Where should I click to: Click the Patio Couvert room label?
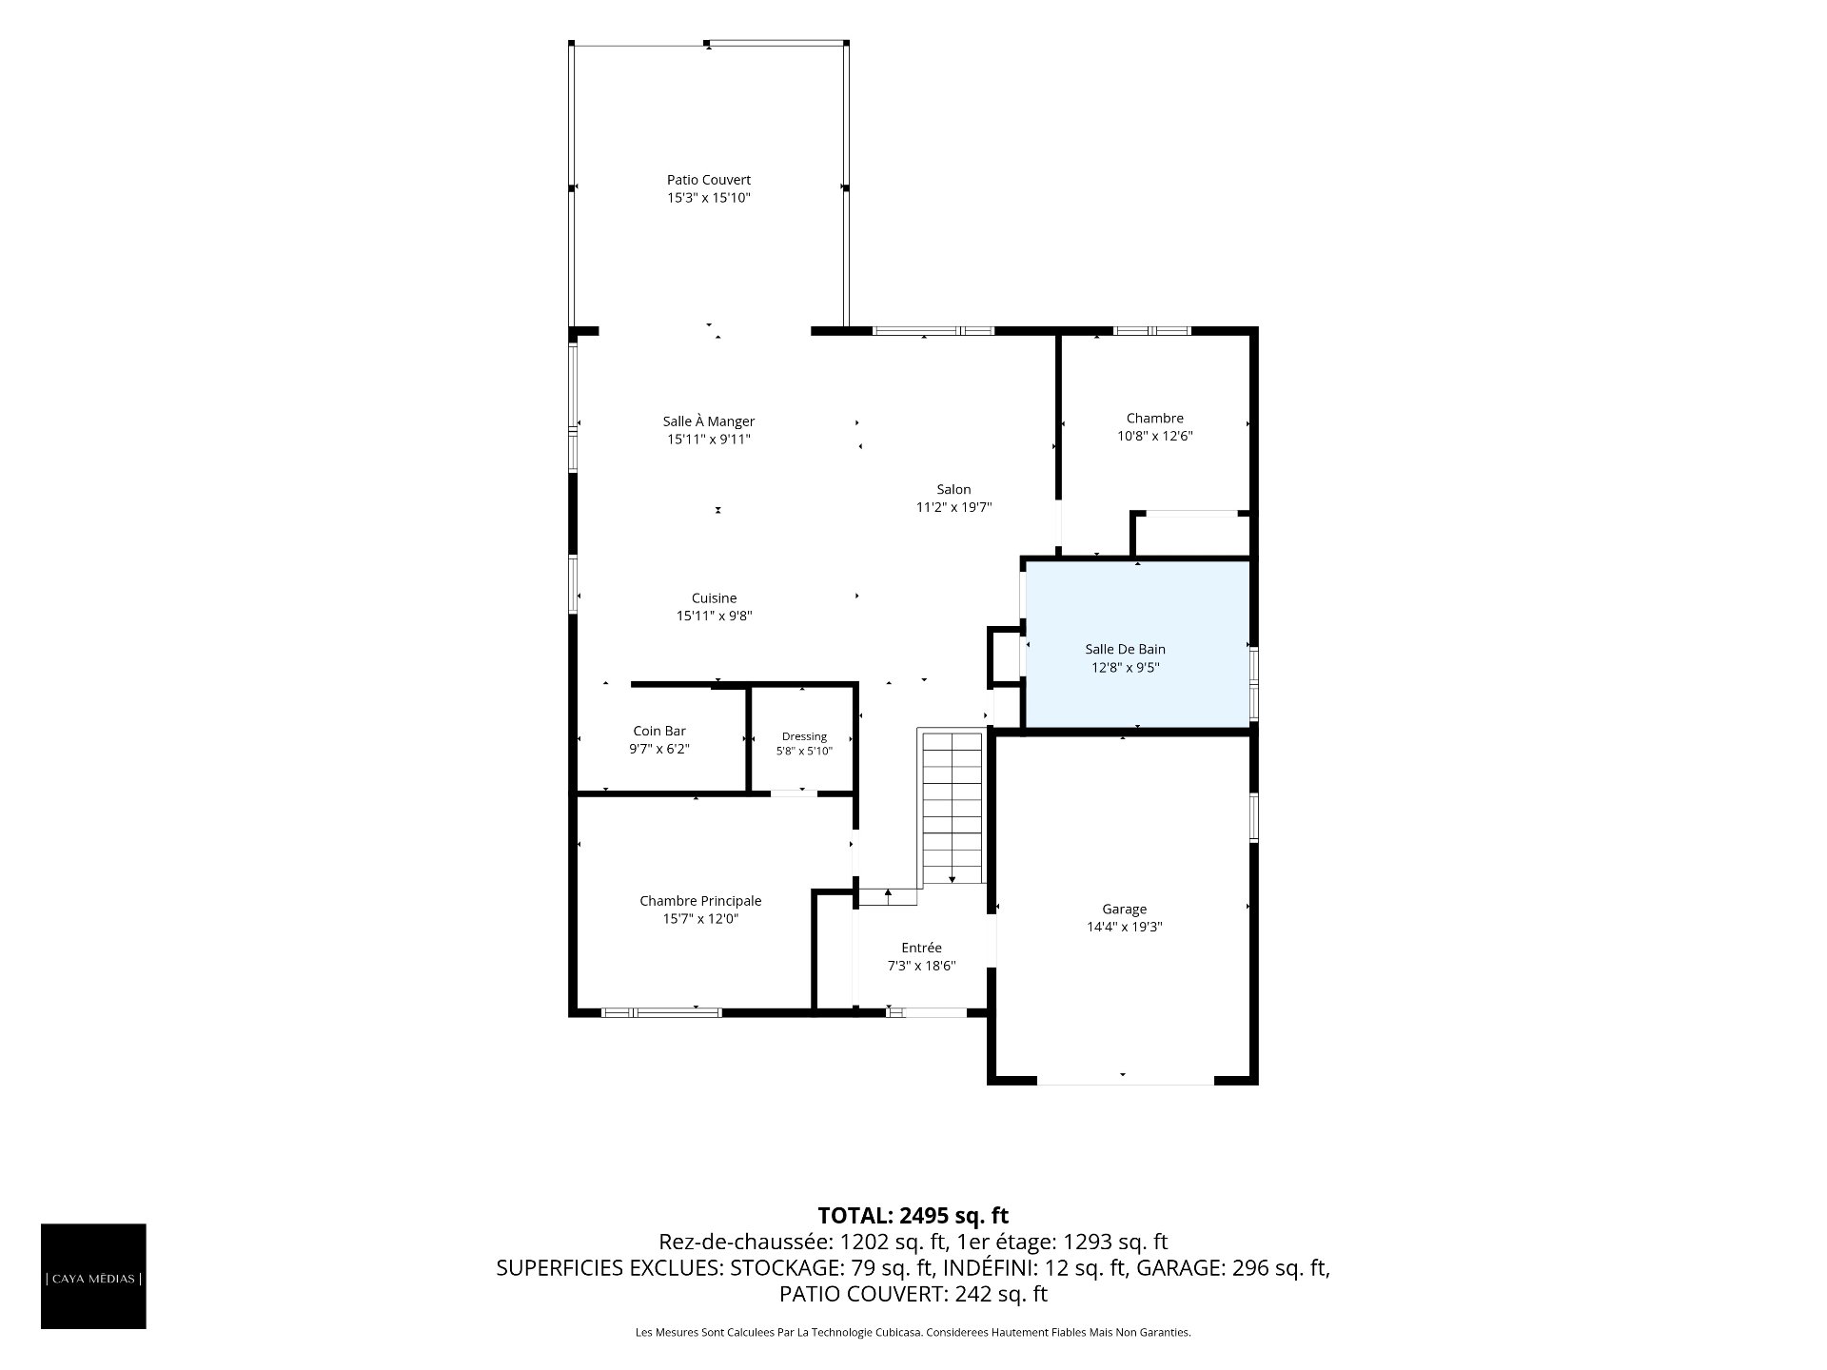[x=709, y=180]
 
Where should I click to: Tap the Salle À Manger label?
[x=709, y=421]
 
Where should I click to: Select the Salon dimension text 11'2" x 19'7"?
[x=953, y=508]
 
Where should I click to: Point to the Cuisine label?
[x=714, y=598]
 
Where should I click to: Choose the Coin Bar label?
[x=659, y=732]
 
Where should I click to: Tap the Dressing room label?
[x=804, y=736]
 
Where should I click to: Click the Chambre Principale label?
[x=700, y=901]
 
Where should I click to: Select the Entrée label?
[x=921, y=948]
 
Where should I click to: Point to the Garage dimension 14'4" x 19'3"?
[x=1125, y=927]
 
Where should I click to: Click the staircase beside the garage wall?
[x=952, y=808]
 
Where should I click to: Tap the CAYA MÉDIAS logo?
[x=93, y=1277]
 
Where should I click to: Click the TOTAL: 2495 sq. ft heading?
[x=913, y=1216]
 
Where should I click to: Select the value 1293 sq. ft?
[x=1115, y=1243]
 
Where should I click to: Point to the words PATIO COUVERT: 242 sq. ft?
[x=913, y=1295]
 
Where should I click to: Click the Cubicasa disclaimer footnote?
[x=913, y=1333]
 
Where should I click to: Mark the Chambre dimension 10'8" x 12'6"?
[x=1155, y=437]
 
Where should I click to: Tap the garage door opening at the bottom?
[x=1125, y=1081]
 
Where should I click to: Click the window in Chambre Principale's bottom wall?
[x=662, y=1012]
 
